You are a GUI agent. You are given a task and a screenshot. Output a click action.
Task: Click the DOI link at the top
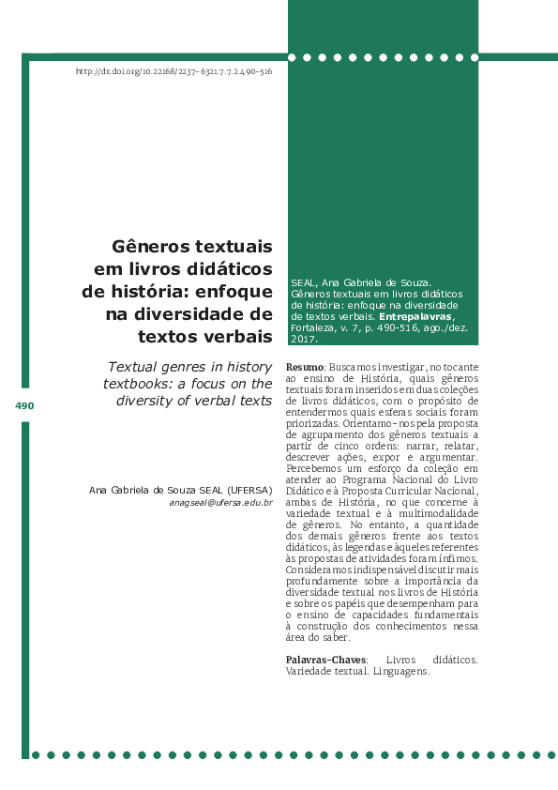[x=173, y=72]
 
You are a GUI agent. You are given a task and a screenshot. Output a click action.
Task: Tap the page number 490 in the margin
[x=24, y=406]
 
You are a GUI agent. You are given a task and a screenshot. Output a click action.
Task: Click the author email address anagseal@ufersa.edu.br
[x=220, y=503]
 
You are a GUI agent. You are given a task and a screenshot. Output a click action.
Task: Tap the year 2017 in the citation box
[x=302, y=340]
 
